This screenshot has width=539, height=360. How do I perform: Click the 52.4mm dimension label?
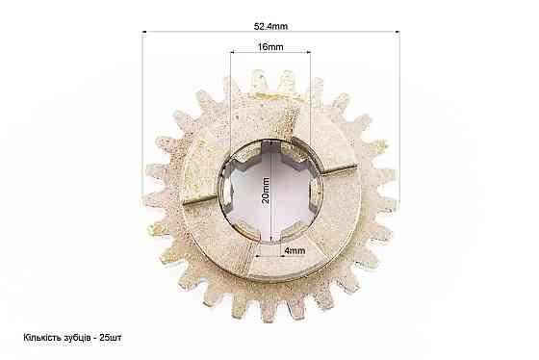tap(270, 27)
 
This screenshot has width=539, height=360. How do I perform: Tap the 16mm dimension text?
tap(270, 47)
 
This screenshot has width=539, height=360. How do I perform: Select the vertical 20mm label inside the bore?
tap(266, 191)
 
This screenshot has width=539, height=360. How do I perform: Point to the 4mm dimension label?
tap(295, 250)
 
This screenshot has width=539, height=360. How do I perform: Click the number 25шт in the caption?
tap(110, 337)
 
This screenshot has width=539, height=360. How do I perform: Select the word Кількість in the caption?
tap(42, 337)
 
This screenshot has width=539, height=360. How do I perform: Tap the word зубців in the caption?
tap(76, 338)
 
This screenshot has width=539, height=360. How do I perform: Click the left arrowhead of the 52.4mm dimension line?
tap(144, 32)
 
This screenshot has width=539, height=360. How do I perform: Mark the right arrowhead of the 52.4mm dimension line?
tap(397, 32)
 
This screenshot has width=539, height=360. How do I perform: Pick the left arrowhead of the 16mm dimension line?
tap(232, 52)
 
